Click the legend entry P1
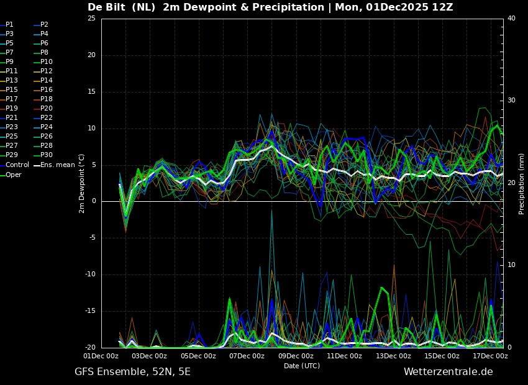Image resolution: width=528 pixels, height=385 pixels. click(9, 25)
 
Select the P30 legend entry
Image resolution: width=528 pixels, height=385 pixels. click(47, 155)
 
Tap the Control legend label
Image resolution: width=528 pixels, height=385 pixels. click(17, 165)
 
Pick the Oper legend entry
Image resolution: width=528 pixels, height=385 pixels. click(14, 175)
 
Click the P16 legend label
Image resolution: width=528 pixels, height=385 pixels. click(47, 90)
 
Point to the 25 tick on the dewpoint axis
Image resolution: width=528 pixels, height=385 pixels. click(91, 19)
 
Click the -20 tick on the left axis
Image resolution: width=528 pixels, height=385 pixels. click(90, 348)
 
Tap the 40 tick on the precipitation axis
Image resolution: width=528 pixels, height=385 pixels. click(511, 19)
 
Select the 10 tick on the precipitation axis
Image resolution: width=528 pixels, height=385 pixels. click(511, 265)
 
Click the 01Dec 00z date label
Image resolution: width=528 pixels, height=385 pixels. click(101, 356)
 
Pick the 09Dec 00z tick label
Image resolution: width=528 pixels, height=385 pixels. click(296, 356)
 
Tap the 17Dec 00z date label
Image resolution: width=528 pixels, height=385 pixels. click(491, 356)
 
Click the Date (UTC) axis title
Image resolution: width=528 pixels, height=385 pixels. click(302, 366)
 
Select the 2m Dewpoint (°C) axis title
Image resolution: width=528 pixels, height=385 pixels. click(82, 183)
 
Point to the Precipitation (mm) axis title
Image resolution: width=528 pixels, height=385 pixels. click(522, 184)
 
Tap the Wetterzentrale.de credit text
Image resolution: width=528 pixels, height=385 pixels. click(448, 372)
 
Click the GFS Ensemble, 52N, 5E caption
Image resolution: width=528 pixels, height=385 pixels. click(132, 372)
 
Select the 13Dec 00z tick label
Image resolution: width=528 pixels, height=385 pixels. click(393, 356)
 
